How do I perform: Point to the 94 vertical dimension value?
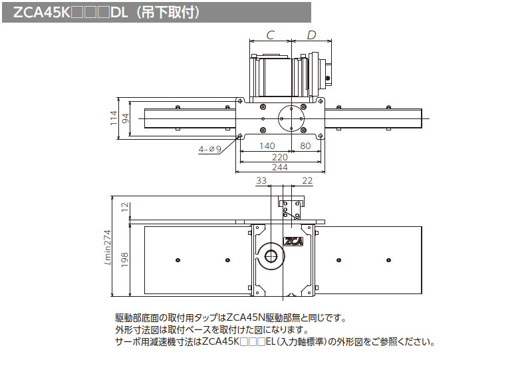click(x=125, y=119)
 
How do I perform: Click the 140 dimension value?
click(x=266, y=146)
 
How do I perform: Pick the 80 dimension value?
click(x=306, y=146)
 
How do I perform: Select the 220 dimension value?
click(x=280, y=157)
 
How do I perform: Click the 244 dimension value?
click(x=280, y=168)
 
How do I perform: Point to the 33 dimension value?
click(x=261, y=180)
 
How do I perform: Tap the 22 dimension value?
click(x=307, y=180)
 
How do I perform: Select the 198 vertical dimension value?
click(x=125, y=260)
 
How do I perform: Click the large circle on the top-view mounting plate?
click(x=291, y=119)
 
